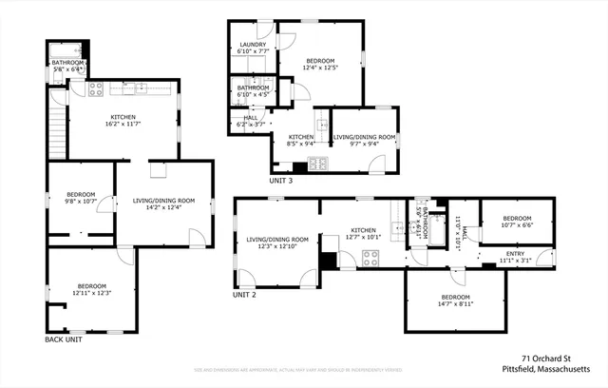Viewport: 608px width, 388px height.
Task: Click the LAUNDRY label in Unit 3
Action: pyautogui.click(x=253, y=45)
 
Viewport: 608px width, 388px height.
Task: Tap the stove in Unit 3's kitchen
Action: pyautogui.click(x=318, y=163)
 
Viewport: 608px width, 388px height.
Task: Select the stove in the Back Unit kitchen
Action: pyautogui.click(x=95, y=89)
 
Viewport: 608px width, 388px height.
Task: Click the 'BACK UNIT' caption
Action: pyautogui.click(x=67, y=339)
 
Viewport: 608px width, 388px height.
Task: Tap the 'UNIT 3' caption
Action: pyautogui.click(x=280, y=181)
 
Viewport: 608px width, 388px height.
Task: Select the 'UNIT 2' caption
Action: pyautogui.click(x=245, y=295)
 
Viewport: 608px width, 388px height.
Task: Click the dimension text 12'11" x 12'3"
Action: pyautogui.click(x=91, y=292)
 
